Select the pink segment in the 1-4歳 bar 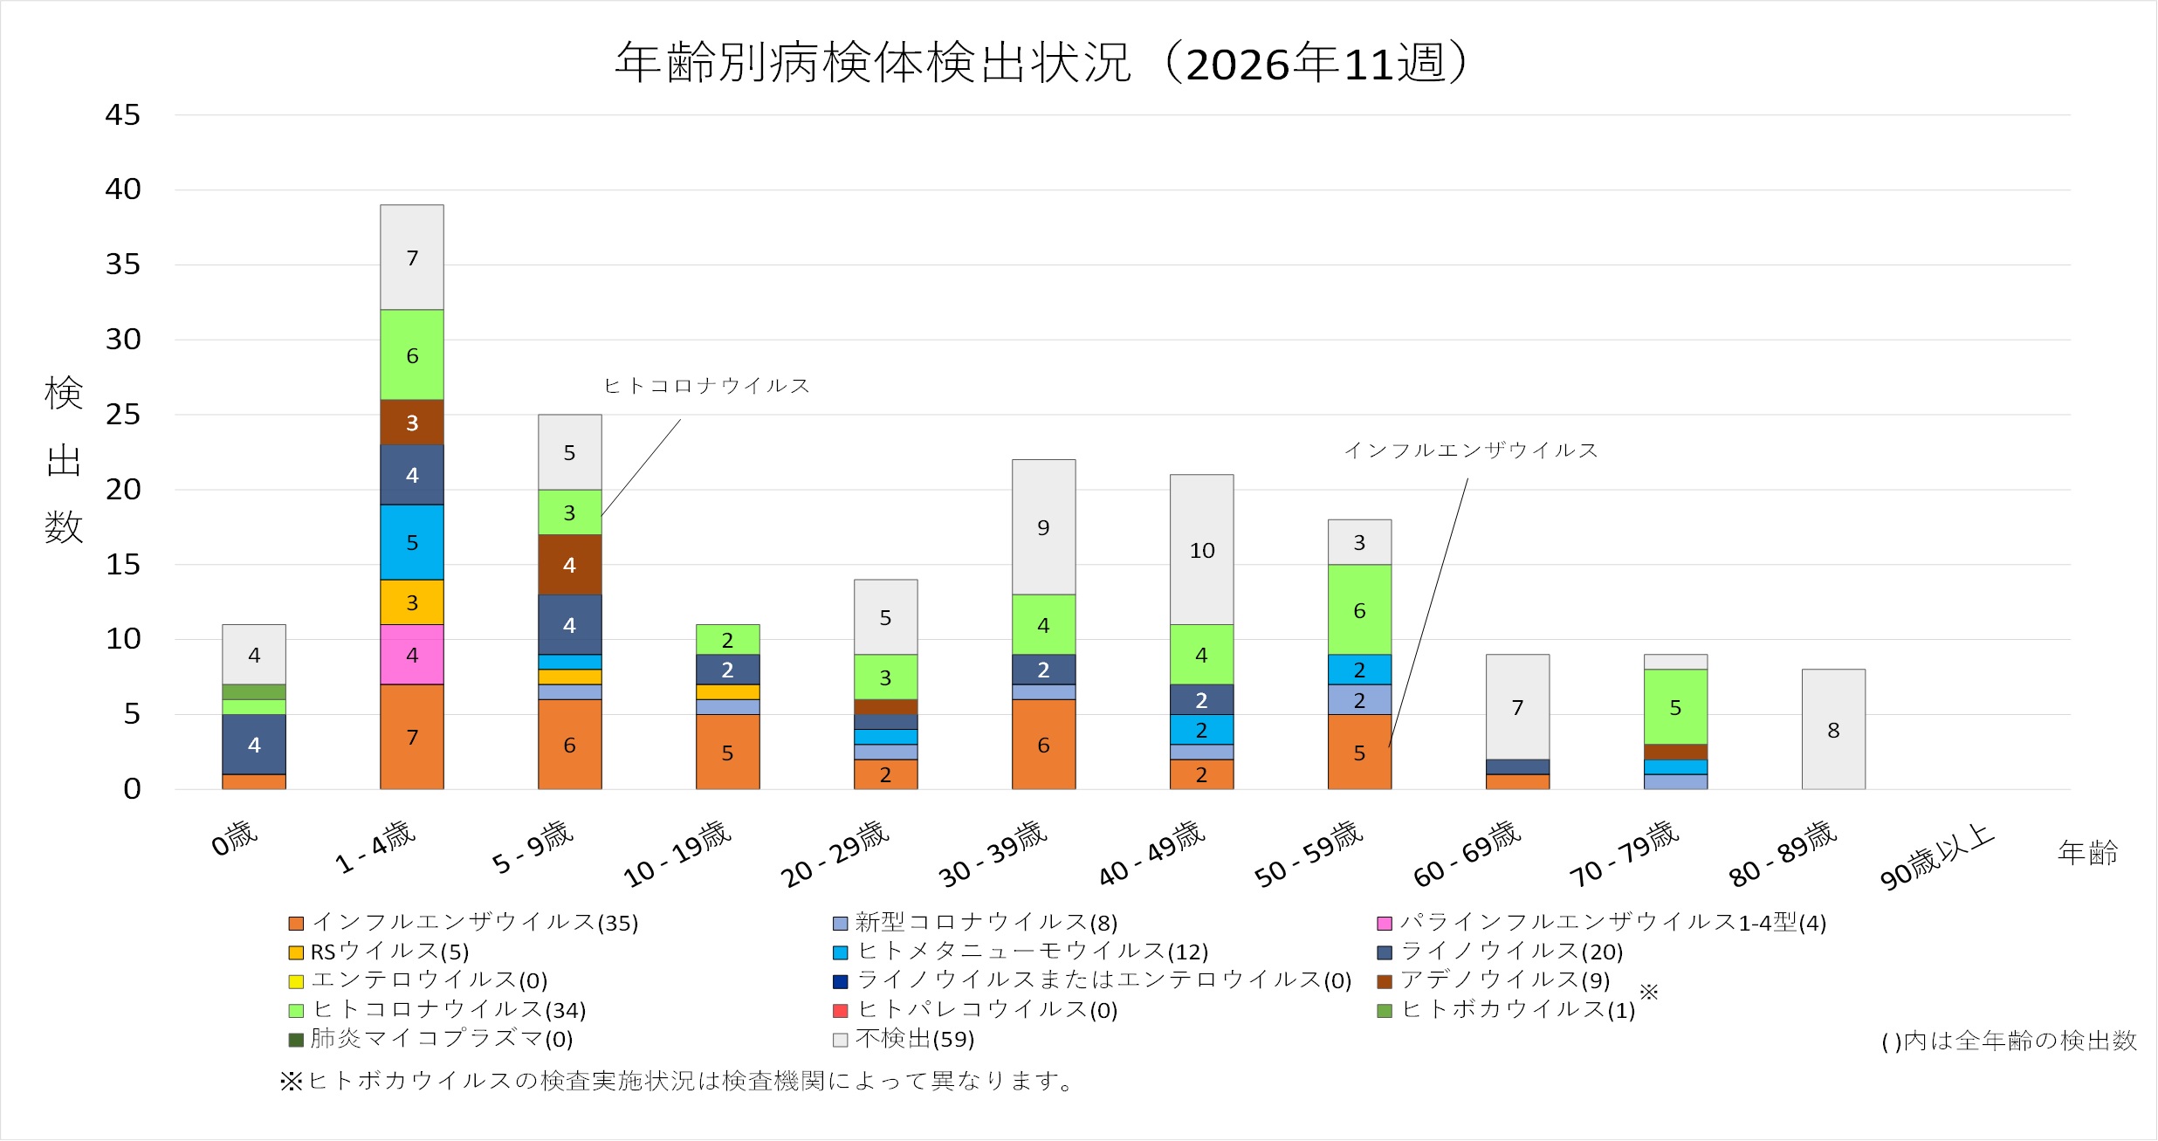[411, 655]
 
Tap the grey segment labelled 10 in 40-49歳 [1201, 550]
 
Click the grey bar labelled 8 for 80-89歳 [1832, 730]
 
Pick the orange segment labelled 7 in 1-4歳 [411, 737]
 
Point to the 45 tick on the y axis [122, 114]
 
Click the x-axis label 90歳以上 [1936, 857]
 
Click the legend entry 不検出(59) [914, 1039]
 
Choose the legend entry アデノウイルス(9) [1504, 980]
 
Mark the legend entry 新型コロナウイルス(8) [985, 923]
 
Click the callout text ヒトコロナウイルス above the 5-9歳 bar [706, 386]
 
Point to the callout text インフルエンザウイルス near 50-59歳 [1470, 450]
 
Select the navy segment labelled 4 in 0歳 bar [253, 745]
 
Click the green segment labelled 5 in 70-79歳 [1674, 707]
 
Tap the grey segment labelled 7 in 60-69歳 [1517, 707]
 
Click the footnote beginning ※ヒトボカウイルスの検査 [677, 1081]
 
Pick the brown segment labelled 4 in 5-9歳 [569, 565]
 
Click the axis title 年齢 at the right [2087, 853]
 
